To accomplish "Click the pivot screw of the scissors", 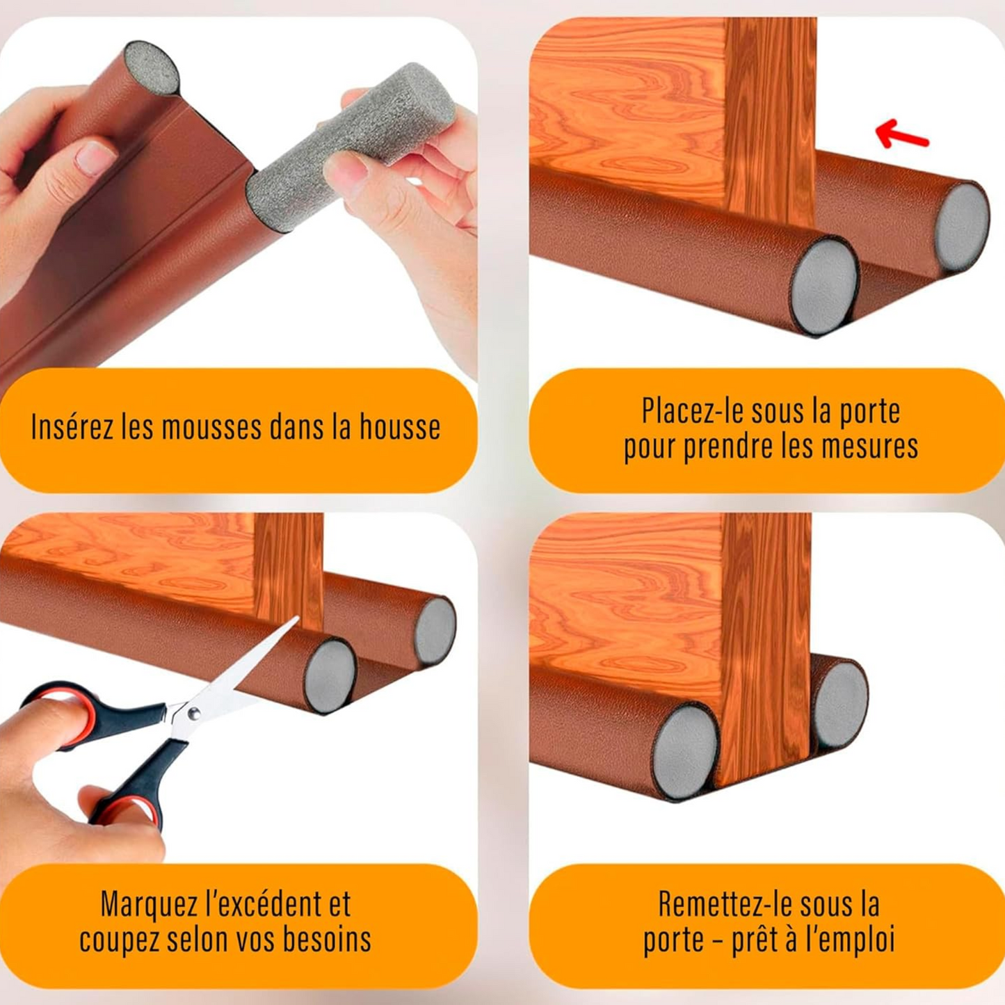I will click(x=194, y=713).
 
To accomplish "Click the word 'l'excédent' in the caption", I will click(x=263, y=904).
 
